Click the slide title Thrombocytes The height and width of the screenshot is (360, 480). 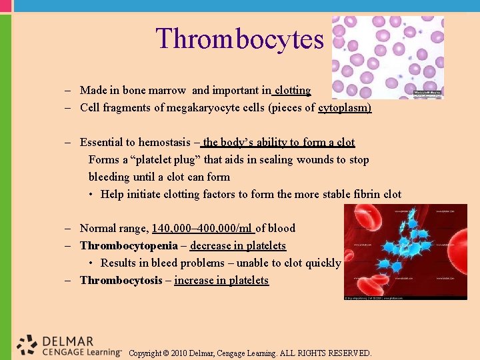239,39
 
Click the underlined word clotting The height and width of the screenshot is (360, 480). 293,90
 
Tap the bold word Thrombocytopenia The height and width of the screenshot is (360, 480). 129,245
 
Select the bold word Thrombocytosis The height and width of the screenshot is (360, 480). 121,280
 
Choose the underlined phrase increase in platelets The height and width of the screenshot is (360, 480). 221,280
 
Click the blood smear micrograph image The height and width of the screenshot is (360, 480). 387,57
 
